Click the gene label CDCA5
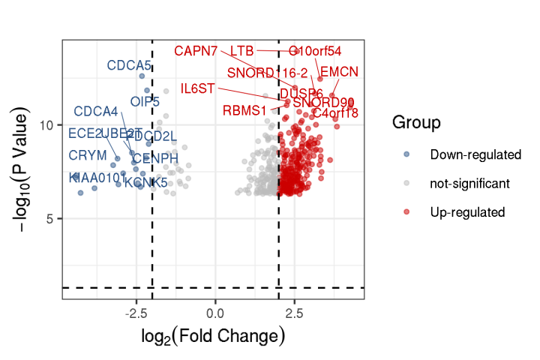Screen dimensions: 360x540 pyautogui.click(x=129, y=66)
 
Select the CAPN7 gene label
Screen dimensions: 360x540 pyautogui.click(x=196, y=51)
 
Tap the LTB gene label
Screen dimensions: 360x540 pyautogui.click(x=241, y=51)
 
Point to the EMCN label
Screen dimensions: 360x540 pyautogui.click(x=339, y=72)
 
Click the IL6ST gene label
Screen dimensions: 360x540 pyautogui.click(x=198, y=88)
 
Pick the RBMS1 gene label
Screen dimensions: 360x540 pyautogui.click(x=244, y=111)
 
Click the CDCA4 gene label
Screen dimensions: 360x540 pyautogui.click(x=96, y=112)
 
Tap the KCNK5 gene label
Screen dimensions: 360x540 pyautogui.click(x=145, y=182)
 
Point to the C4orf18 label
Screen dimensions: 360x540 pyautogui.click(x=335, y=113)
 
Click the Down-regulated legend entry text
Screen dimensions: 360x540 pyautogui.click(x=475, y=155)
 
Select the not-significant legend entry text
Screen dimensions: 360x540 pyautogui.click(x=469, y=184)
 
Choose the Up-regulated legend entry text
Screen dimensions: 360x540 pyautogui.click(x=467, y=212)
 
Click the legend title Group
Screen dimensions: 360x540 pyautogui.click(x=416, y=122)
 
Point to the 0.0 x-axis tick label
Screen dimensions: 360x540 pyautogui.click(x=216, y=310)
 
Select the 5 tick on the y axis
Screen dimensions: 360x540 pyautogui.click(x=53, y=219)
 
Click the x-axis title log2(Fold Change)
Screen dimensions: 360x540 pyautogui.click(x=213, y=337)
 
